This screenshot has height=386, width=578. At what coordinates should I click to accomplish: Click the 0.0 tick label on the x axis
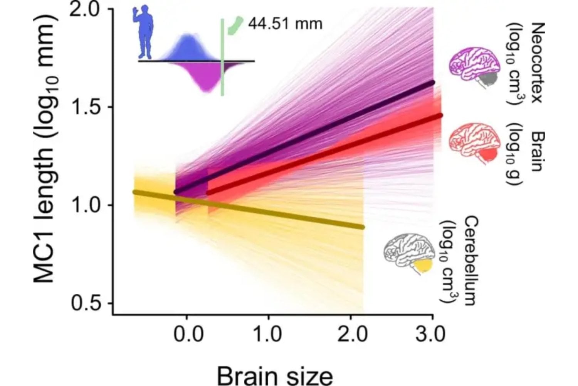(187, 334)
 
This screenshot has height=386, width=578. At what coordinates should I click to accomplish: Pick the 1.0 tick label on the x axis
(269, 334)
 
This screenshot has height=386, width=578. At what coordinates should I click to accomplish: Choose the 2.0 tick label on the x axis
(351, 334)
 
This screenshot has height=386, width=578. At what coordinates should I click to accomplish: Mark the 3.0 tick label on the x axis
(431, 334)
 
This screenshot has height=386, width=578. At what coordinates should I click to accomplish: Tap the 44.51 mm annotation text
(285, 24)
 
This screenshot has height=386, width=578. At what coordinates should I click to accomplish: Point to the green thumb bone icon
(235, 25)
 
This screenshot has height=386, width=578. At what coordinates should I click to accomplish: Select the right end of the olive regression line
(362, 227)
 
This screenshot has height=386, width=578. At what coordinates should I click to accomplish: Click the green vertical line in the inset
(222, 58)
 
